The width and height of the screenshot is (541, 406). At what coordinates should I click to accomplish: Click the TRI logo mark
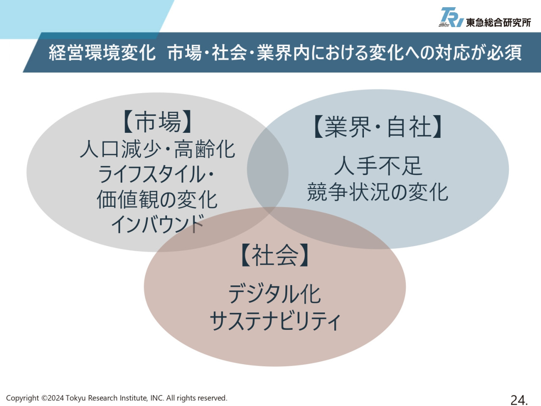(451, 17)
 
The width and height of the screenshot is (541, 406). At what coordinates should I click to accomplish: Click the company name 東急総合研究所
(498, 23)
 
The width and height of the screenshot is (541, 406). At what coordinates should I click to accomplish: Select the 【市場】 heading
(157, 122)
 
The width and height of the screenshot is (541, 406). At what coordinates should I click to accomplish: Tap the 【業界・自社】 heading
(377, 126)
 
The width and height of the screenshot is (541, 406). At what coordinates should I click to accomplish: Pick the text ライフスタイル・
(156, 174)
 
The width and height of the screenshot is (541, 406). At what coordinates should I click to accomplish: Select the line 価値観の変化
(157, 199)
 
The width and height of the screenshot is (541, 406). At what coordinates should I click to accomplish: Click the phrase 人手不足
(378, 166)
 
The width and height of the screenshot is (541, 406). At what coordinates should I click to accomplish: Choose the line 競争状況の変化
(377, 192)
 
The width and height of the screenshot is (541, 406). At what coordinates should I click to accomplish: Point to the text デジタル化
(275, 294)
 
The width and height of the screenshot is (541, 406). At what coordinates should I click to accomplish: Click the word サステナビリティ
(275, 320)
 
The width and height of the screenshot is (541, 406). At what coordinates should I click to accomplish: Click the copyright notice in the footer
(117, 398)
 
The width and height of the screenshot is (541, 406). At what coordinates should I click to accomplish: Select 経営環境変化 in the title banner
(102, 52)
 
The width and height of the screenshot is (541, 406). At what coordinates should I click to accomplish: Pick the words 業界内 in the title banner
(283, 52)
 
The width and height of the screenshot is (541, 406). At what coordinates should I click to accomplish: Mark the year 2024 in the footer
(56, 398)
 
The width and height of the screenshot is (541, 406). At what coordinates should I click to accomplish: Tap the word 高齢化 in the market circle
(205, 149)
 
